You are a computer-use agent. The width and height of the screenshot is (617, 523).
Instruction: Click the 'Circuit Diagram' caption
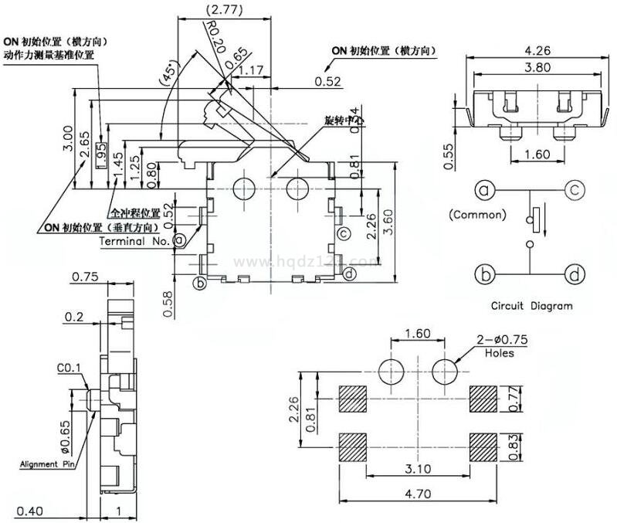coord(532,306)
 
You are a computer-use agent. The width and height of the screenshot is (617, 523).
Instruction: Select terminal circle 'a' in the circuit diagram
coord(483,190)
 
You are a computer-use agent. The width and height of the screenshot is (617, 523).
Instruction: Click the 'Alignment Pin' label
coord(44,464)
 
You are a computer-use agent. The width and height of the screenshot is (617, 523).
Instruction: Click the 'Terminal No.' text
coord(134,240)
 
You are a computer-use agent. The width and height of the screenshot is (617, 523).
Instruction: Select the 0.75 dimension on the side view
coord(84,277)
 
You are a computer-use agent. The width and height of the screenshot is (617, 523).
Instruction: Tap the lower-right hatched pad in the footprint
coord(486,447)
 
